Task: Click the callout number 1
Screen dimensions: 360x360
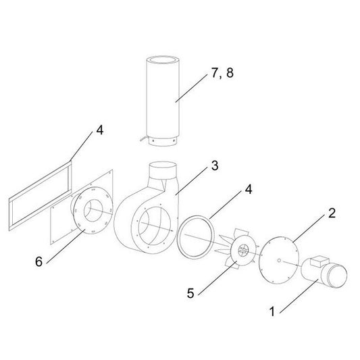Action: click(x=273, y=313)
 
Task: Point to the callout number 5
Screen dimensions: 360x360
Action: click(x=190, y=293)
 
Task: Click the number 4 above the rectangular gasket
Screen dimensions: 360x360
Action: click(x=99, y=130)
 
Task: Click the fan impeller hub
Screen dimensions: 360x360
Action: click(x=240, y=253)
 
